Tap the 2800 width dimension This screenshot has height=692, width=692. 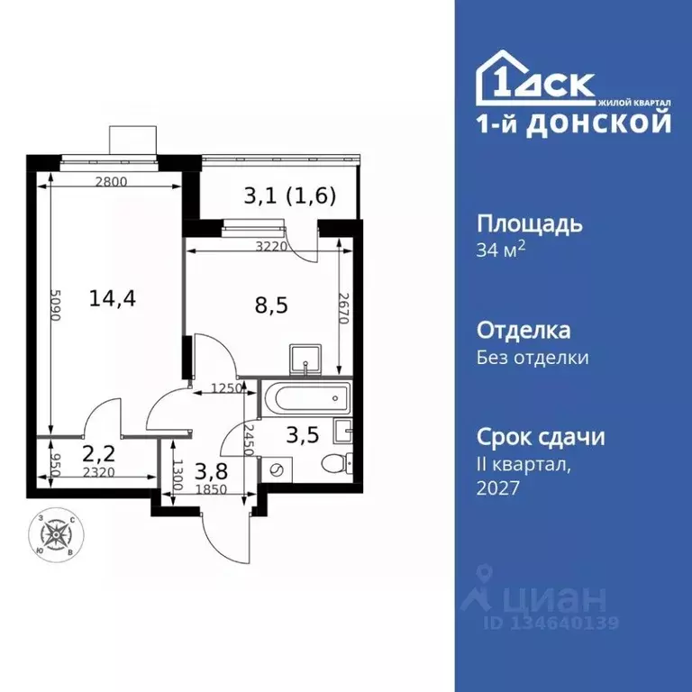pos(111,182)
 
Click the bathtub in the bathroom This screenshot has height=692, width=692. pos(304,397)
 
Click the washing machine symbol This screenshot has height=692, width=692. pos(277,469)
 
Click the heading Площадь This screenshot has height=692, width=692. pos(529,223)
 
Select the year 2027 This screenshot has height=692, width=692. pos(497,487)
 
